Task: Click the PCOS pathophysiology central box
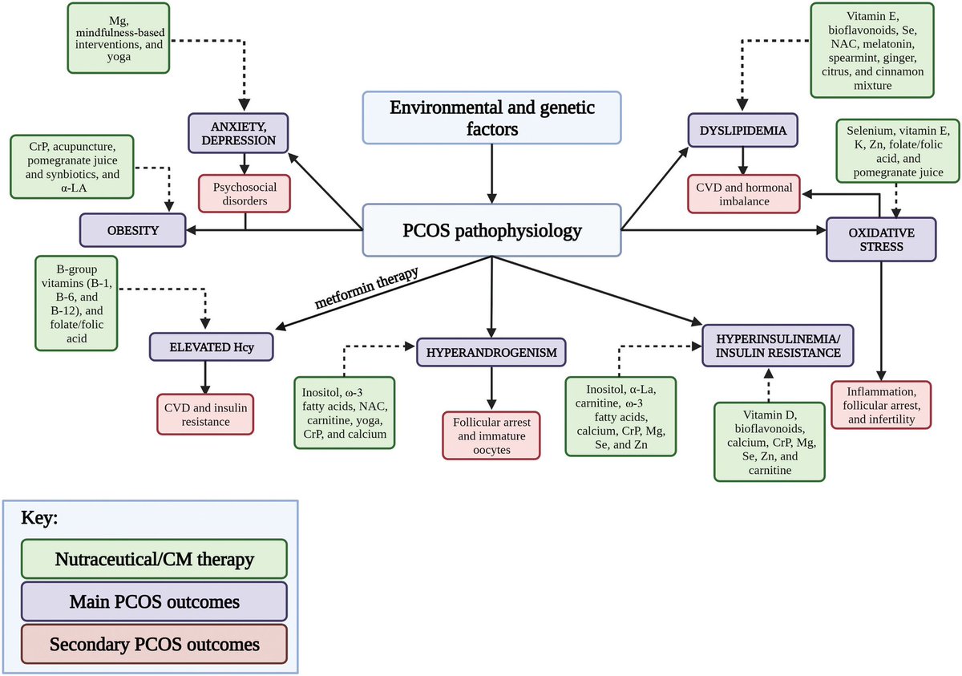click(x=491, y=230)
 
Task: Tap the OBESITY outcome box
click(x=132, y=230)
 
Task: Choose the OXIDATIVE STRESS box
click(x=881, y=238)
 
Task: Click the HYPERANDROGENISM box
click(x=492, y=353)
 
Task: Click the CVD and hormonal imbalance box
click(x=745, y=193)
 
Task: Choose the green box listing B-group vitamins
click(x=76, y=302)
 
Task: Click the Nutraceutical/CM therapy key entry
click(x=154, y=559)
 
